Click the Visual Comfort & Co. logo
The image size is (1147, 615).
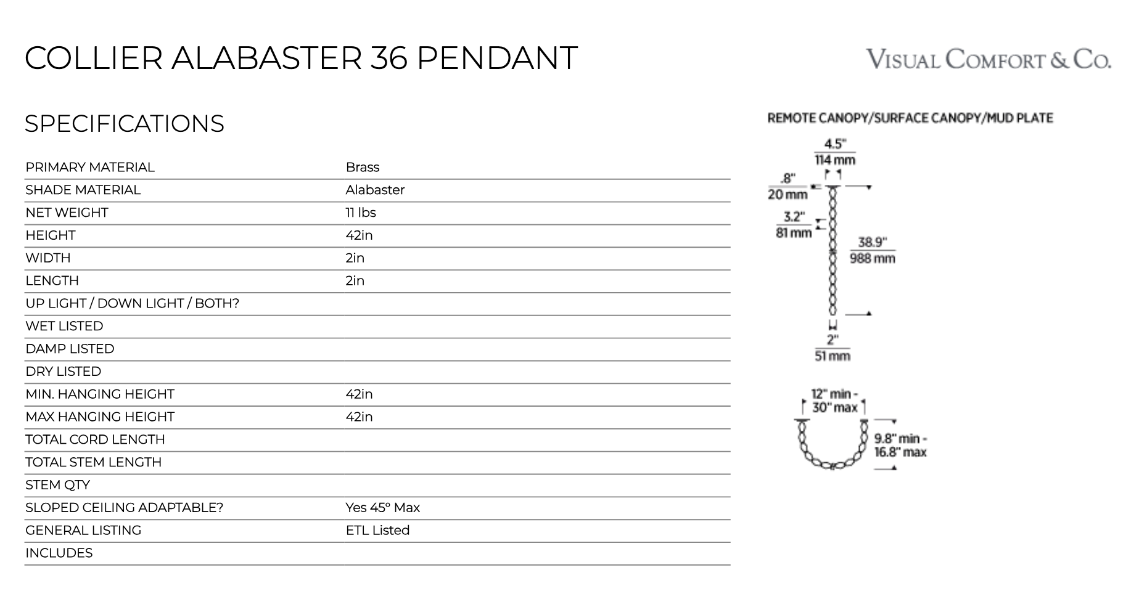coord(989,59)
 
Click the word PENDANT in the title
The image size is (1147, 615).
coord(497,58)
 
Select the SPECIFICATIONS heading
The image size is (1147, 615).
coord(124,123)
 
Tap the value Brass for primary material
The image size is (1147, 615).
coord(362,168)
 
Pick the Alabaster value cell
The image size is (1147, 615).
coord(375,190)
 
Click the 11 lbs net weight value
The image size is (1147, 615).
coord(360,213)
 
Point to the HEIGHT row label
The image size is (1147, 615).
coord(50,235)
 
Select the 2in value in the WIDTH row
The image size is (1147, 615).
coord(355,258)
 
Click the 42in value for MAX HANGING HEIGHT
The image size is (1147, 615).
coord(359,417)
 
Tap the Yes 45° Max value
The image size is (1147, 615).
coord(382,508)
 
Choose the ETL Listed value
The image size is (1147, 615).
coord(377,531)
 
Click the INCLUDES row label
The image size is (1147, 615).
coord(59,553)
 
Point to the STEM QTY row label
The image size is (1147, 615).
coord(57,485)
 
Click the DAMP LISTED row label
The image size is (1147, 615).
coord(70,349)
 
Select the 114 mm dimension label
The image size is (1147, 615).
coord(835,160)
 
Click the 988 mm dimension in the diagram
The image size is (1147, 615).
coord(872,258)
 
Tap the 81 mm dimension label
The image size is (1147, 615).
coord(794,233)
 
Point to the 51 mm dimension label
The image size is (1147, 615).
coord(832,356)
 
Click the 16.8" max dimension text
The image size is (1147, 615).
coord(900,452)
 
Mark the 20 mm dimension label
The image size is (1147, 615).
coord(787,195)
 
